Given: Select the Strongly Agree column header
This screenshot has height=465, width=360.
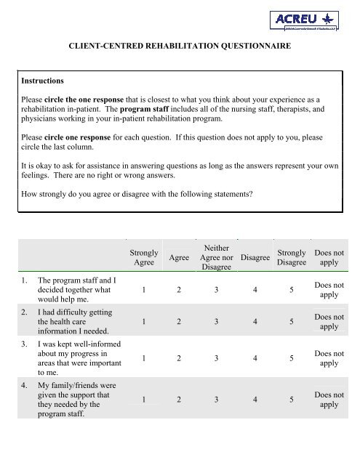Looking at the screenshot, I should [x=143, y=257].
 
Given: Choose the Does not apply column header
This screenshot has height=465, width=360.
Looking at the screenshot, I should [x=329, y=257].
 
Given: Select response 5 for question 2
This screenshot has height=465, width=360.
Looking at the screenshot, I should [x=291, y=322].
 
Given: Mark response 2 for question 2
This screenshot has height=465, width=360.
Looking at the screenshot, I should [x=180, y=322].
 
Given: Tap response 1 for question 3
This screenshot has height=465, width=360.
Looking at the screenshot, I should [x=145, y=357].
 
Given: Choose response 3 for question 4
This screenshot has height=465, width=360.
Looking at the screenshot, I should [x=217, y=399].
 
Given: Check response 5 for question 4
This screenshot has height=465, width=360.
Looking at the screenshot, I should [x=291, y=399].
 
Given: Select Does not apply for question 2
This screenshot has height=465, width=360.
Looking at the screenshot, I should [x=329, y=322].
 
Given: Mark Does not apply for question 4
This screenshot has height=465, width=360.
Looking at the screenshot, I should [x=329, y=399].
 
